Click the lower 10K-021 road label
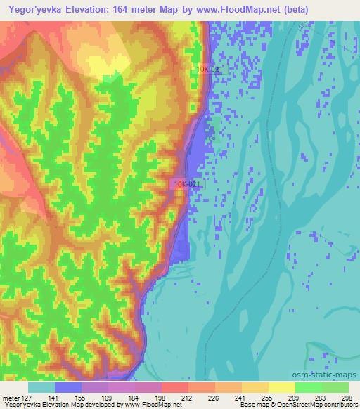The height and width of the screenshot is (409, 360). pyautogui.click(x=186, y=184)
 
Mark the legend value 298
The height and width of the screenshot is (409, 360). pyautogui.click(x=346, y=397)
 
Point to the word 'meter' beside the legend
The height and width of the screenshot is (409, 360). pyautogui.click(x=11, y=397)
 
